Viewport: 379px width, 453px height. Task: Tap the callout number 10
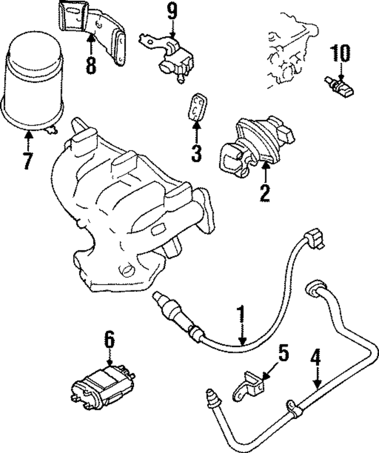pos(341,53)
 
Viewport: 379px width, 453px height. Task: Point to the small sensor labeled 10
pos(340,87)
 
